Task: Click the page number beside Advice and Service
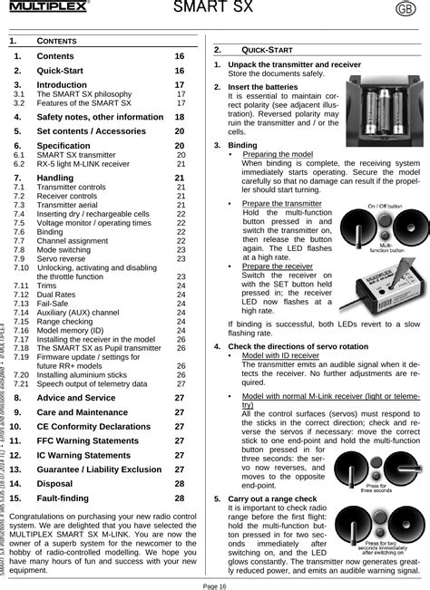click(x=179, y=398)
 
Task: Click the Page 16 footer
click(x=214, y=585)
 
